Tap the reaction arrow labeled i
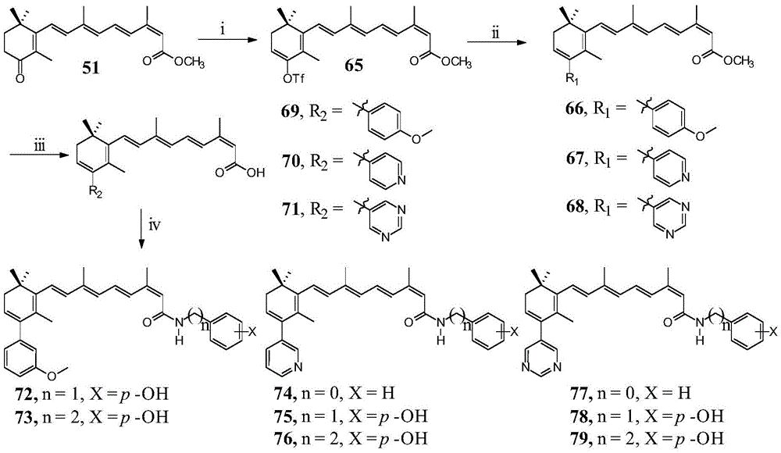pyautogui.click(x=223, y=39)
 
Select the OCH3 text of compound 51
pyautogui.click(x=189, y=62)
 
